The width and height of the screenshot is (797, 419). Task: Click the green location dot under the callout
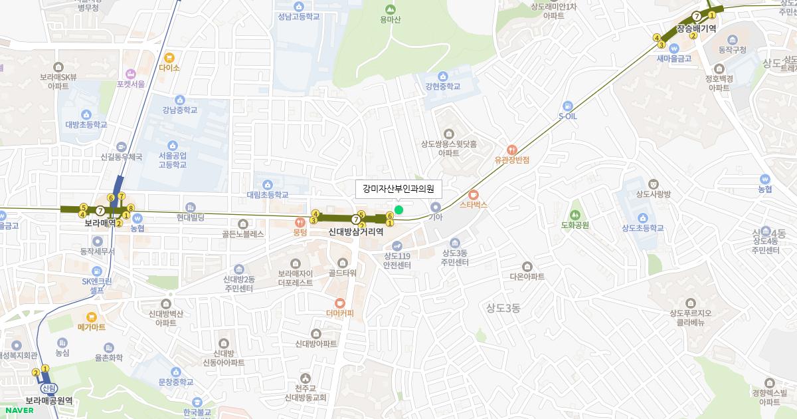pyautogui.click(x=398, y=210)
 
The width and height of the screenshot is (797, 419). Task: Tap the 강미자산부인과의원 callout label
pyautogui.click(x=398, y=189)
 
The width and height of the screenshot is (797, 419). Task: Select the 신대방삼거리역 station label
pyautogui.click(x=356, y=232)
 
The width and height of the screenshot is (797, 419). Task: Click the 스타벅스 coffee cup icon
pyautogui.click(x=474, y=195)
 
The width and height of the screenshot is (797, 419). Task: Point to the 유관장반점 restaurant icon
pyautogui.click(x=511, y=150)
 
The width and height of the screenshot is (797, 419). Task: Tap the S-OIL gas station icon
pyautogui.click(x=567, y=105)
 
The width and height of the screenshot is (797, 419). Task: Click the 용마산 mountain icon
pyautogui.click(x=391, y=9)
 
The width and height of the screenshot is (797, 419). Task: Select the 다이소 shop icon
pyautogui.click(x=169, y=58)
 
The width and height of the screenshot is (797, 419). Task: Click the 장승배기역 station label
pyautogui.click(x=695, y=29)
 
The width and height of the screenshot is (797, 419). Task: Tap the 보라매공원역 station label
pyautogui.click(x=48, y=400)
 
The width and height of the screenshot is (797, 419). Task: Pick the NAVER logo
pyautogui.click(x=19, y=410)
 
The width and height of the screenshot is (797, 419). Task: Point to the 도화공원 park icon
pyautogui.click(x=575, y=214)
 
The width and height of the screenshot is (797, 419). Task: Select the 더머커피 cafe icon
pyautogui.click(x=340, y=303)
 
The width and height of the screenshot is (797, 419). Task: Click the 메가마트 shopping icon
pyautogui.click(x=92, y=317)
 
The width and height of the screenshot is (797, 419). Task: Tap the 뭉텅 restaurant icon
pyautogui.click(x=300, y=223)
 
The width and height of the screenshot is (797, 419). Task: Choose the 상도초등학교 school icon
pyautogui.click(x=642, y=217)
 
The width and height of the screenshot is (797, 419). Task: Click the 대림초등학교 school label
pyautogui.click(x=268, y=195)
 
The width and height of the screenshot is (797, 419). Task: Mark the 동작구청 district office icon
pyautogui.click(x=733, y=40)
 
